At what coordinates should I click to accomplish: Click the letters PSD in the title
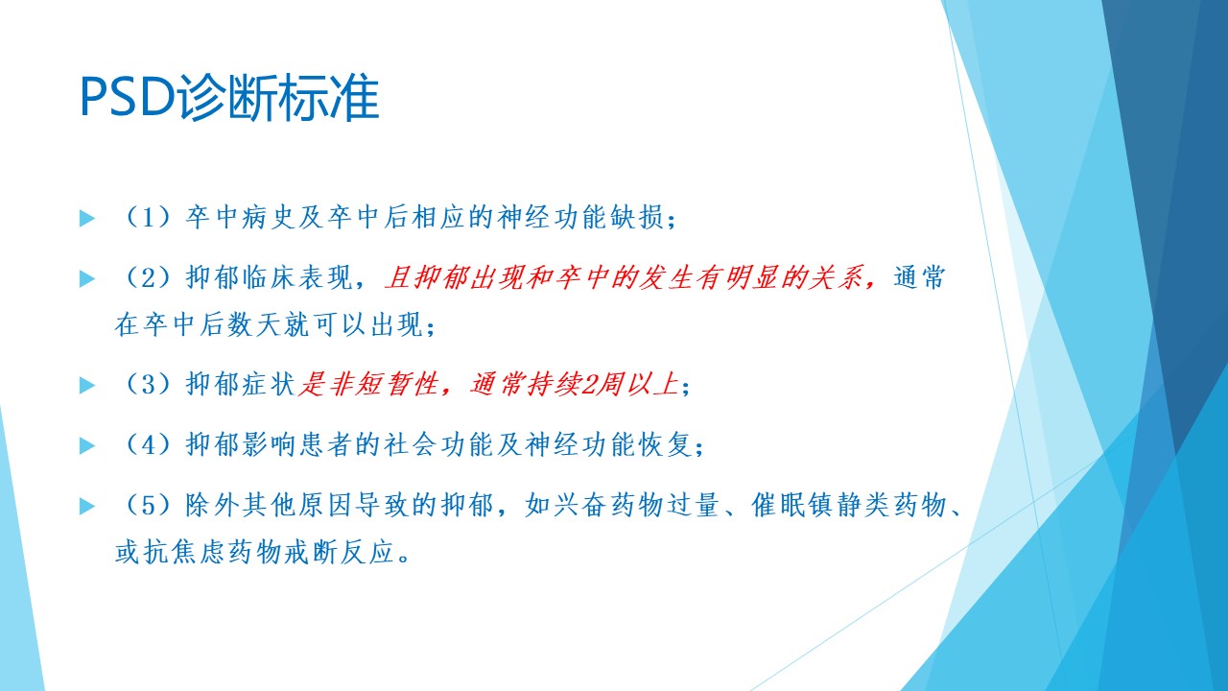[128, 97]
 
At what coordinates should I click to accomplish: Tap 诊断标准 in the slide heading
[278, 98]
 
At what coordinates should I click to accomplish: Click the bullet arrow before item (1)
[87, 218]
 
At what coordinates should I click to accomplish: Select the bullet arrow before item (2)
[87, 278]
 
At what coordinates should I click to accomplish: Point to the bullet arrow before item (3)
[87, 385]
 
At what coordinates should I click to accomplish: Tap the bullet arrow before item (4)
[87, 444]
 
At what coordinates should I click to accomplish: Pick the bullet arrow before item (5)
[87, 505]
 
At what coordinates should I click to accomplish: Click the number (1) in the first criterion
[148, 217]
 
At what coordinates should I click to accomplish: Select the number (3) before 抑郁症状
[148, 384]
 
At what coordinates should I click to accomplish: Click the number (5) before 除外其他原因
[148, 505]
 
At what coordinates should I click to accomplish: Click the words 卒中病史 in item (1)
[241, 217]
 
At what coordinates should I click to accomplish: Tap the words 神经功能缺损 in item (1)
[581, 217]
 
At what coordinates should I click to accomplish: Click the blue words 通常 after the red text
[919, 277]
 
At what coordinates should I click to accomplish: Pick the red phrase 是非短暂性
[368, 384]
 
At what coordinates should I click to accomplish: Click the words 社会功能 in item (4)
[438, 444]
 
